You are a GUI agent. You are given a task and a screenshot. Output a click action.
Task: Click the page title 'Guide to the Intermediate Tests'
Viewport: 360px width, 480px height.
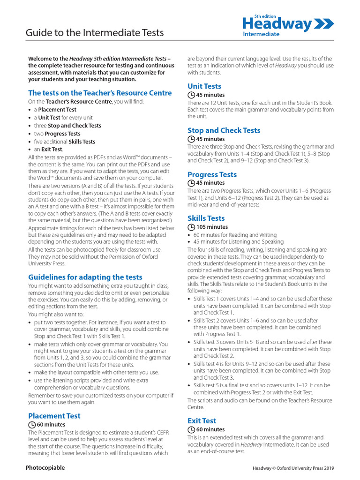click(x=94, y=32)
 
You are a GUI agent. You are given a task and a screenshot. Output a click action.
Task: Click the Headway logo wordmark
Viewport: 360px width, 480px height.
click(x=277, y=24)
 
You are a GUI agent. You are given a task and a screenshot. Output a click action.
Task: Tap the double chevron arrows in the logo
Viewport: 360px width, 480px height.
click(x=324, y=24)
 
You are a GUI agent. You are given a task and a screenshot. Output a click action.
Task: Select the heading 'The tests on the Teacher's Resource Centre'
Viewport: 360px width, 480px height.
click(x=100, y=93)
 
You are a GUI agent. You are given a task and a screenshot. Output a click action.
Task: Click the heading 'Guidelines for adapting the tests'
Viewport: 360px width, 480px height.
click(x=85, y=277)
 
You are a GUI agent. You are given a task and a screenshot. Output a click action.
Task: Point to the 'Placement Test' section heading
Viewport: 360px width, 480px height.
click(x=54, y=416)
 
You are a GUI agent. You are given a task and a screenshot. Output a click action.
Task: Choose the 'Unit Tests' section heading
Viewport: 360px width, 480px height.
click(x=204, y=86)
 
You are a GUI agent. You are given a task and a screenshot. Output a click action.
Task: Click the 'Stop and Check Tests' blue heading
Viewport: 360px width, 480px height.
click(x=224, y=130)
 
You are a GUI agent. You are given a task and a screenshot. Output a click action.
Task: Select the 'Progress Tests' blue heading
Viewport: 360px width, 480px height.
click(x=212, y=174)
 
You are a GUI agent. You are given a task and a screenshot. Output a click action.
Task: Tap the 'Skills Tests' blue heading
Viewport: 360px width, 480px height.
click(x=206, y=218)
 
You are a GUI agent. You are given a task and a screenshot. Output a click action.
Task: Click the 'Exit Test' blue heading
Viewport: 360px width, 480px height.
click(x=202, y=420)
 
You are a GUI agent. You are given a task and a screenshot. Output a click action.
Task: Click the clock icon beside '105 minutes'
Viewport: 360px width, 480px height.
click(x=191, y=227)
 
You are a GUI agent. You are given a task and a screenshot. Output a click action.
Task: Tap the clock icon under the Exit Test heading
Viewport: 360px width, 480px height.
click(x=191, y=429)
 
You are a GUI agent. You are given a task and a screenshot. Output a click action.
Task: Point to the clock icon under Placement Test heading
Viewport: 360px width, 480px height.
click(x=32, y=425)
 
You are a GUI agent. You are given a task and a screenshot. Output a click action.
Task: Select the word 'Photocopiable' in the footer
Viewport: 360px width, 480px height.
click(x=45, y=468)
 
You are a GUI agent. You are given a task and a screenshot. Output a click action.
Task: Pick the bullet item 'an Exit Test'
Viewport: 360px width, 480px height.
click(x=48, y=150)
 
